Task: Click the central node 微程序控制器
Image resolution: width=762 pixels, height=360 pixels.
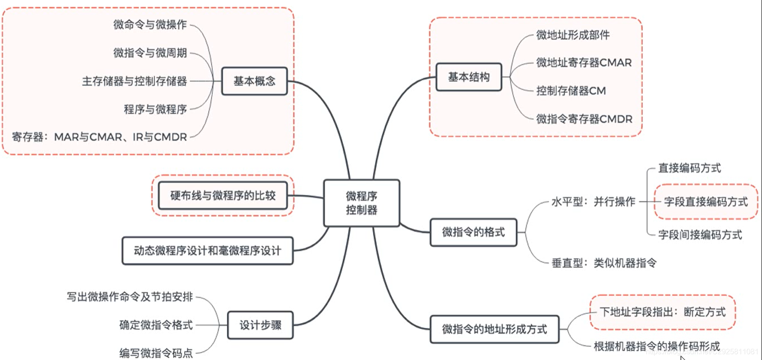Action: pos(362,203)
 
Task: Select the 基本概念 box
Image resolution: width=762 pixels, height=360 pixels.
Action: pos(254,81)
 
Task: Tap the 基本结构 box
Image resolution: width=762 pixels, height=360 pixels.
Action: pos(469,77)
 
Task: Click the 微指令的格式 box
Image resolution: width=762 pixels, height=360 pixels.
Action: pos(473,232)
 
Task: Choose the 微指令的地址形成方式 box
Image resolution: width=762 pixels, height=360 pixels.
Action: pos(494,329)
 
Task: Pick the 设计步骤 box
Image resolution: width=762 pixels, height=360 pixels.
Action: pos(260,325)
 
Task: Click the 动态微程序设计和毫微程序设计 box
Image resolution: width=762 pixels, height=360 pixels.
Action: pos(207,251)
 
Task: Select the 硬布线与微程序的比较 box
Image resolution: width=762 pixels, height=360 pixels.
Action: pos(223,196)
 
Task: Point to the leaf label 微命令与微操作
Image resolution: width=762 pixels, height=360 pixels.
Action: pos(150,25)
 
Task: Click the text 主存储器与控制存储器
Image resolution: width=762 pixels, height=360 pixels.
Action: pos(135,81)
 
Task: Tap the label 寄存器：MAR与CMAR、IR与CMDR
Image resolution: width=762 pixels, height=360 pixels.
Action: pos(99,137)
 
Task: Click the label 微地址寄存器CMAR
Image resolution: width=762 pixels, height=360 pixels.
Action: pos(584,63)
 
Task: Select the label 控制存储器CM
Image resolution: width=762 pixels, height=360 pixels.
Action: pos(571,91)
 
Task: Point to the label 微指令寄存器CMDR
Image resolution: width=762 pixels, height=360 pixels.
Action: pos(584,119)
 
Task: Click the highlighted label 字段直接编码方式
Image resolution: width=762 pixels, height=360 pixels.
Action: pos(706,202)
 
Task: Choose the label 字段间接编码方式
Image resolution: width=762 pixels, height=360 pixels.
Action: pos(700,235)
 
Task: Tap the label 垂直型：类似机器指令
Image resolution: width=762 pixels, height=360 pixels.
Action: pos(604,263)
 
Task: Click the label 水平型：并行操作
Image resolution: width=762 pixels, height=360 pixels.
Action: pos(593,202)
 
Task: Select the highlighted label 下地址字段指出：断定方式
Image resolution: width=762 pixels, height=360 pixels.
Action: pos(662,312)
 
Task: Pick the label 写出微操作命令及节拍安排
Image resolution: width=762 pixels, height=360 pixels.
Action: pos(130,297)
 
